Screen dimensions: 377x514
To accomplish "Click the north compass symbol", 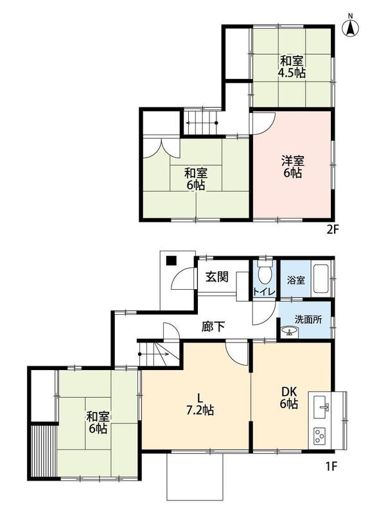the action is (351, 26).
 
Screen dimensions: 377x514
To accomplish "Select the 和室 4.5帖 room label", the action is (292, 67).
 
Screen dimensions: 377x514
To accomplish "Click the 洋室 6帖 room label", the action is (292, 167).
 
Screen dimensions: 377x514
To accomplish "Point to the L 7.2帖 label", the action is (200, 404).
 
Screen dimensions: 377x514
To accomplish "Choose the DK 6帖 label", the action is (288, 397).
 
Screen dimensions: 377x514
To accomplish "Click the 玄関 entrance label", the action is (216, 278).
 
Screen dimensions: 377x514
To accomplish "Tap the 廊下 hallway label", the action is (213, 326).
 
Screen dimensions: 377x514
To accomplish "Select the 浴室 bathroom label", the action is (296, 280).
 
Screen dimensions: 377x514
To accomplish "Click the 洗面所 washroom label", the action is (308, 319).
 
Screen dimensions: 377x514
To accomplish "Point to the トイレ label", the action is (263, 291).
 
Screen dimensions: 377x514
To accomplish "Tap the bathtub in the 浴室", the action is (322, 279).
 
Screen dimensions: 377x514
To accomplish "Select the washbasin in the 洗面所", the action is (289, 332).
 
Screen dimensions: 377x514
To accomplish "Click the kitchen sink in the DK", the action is (320, 407).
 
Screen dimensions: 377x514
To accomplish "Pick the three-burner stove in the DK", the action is (319, 436).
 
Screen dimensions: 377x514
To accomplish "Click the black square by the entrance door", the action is (171, 261).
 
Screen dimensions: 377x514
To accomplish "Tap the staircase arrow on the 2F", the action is (202, 123).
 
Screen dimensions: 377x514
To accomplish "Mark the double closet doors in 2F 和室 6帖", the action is (161, 149).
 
